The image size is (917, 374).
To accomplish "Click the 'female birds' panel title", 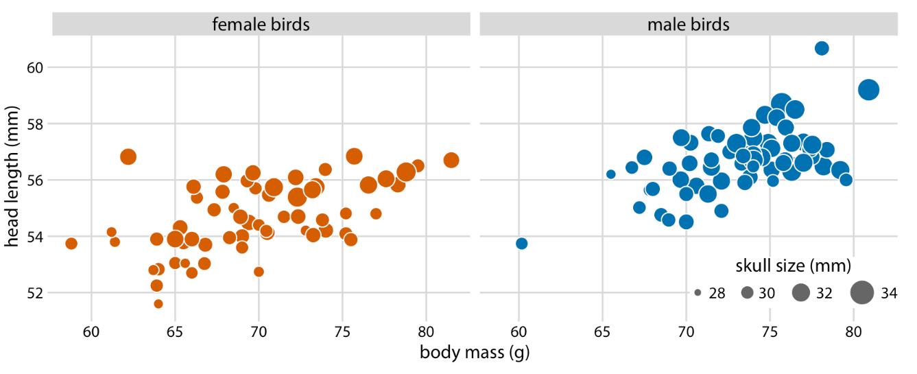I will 261,25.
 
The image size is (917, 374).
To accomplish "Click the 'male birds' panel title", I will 688,25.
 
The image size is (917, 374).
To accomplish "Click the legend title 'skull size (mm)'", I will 794,265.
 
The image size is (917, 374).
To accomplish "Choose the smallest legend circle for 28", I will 698,293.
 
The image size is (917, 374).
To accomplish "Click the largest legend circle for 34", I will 861,293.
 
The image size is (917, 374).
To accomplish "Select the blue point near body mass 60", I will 521,244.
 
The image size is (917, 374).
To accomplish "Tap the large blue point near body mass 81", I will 869,90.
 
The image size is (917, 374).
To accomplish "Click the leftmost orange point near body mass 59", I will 71,244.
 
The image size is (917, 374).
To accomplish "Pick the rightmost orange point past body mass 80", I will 451,160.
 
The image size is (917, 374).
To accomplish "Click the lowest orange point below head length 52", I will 158,303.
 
